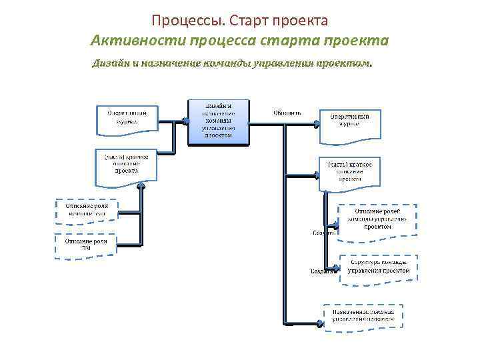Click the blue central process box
(x=218, y=122)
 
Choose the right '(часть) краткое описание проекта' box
(x=349, y=172)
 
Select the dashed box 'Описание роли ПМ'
(x=85, y=244)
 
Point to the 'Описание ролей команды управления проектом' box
(x=377, y=219)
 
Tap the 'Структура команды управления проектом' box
(x=379, y=267)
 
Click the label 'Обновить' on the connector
(x=287, y=113)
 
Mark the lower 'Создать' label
(x=323, y=271)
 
